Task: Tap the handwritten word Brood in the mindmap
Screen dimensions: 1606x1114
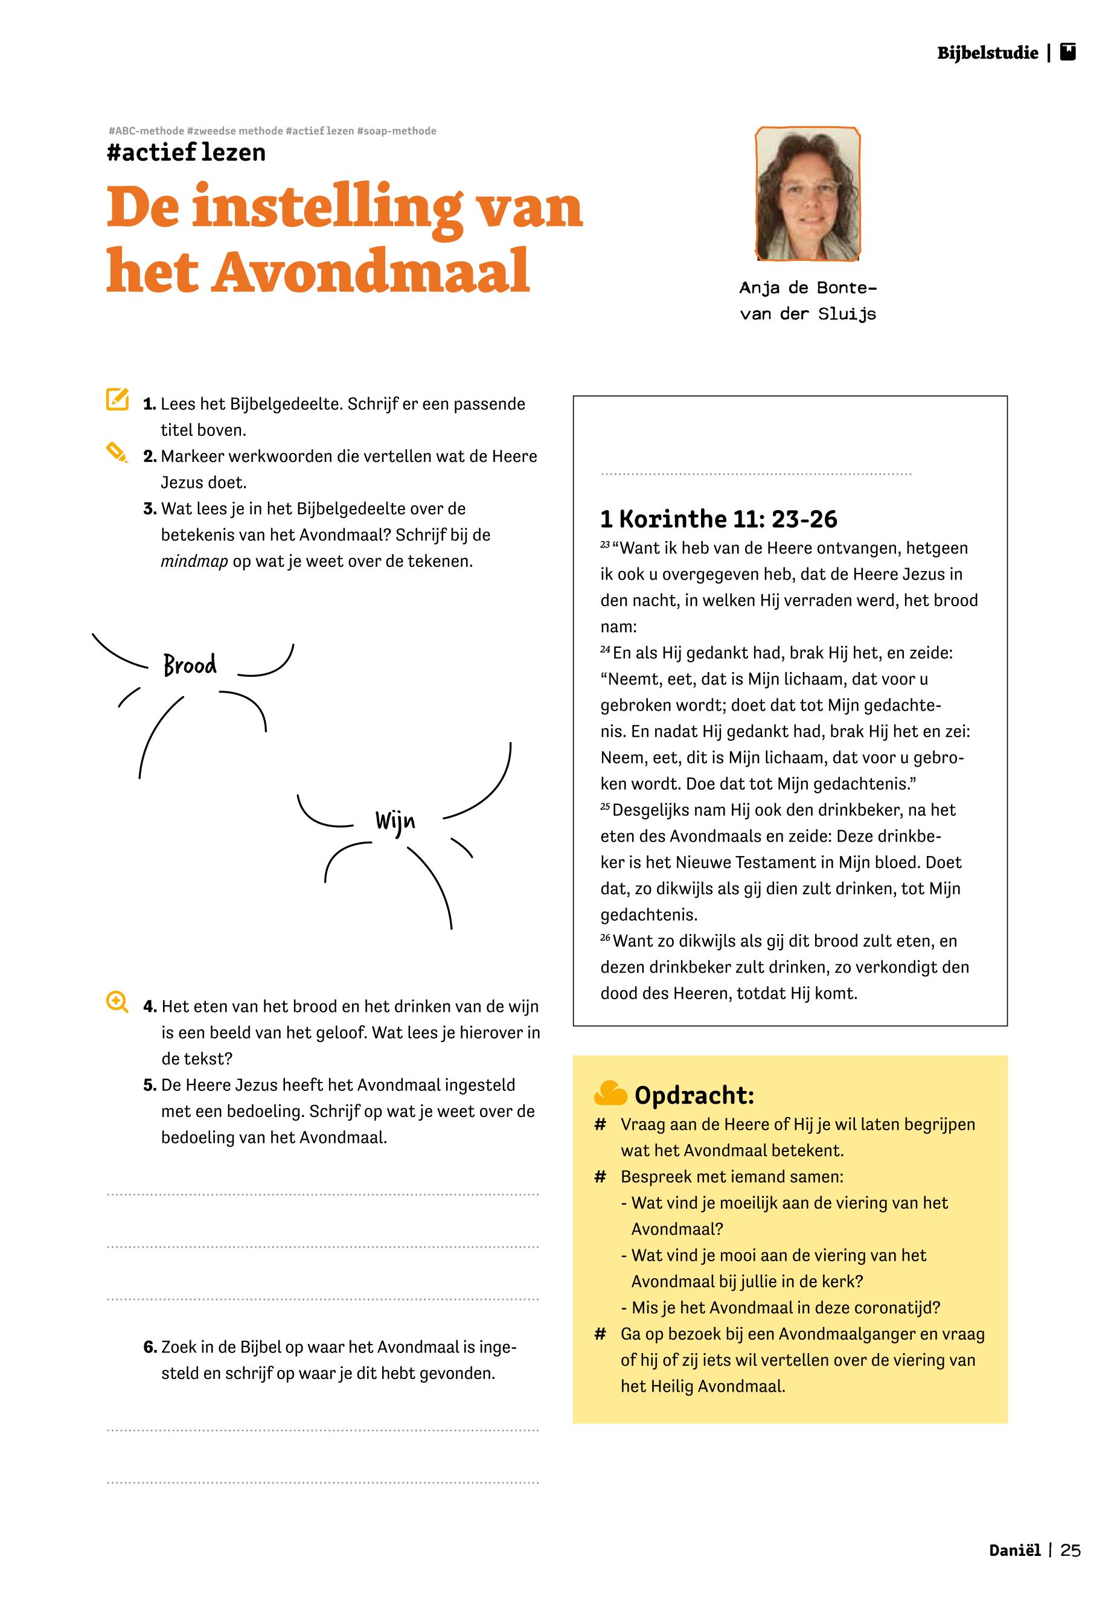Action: (190, 665)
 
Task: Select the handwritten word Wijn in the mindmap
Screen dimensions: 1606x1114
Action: (395, 822)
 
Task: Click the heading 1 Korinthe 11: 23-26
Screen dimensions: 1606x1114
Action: (719, 519)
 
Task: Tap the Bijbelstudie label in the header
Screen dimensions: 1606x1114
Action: (987, 53)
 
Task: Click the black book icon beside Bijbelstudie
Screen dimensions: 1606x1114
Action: (1068, 53)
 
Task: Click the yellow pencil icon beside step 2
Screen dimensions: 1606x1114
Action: (117, 452)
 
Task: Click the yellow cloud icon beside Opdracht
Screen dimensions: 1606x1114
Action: (610, 1093)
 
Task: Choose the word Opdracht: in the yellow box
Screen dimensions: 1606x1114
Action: (694, 1095)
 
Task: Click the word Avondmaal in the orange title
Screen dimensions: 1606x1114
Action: (370, 271)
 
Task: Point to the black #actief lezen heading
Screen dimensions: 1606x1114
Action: (187, 152)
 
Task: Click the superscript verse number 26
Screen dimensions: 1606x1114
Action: (605, 938)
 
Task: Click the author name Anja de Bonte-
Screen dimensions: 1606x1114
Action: (808, 287)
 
